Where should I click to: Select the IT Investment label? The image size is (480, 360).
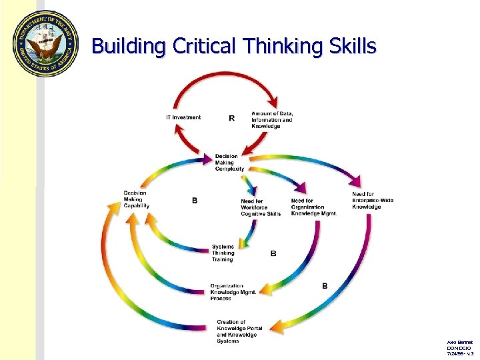pos(183,117)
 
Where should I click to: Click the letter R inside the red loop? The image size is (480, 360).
pos(231,118)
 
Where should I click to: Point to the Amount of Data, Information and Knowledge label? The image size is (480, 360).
pos(272,120)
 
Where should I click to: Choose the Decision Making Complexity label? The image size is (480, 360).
pos(229,163)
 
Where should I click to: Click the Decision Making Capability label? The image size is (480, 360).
pos(136,199)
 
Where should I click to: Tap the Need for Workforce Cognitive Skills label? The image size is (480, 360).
pos(261,207)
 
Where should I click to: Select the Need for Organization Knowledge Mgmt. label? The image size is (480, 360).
pos(313,207)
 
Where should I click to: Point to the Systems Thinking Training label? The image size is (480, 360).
pos(223,253)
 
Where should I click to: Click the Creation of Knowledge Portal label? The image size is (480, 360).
pos(237,331)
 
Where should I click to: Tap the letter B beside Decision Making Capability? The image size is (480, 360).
pos(195,200)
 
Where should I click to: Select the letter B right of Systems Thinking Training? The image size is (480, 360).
pos(273,253)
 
